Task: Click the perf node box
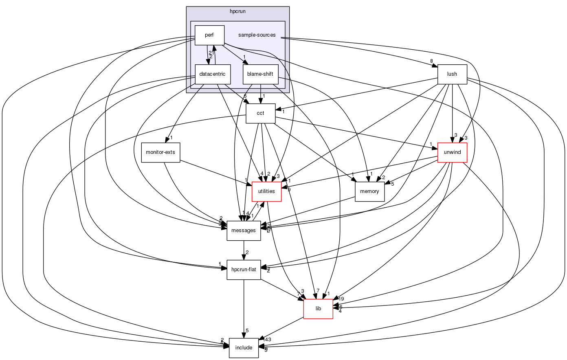tap(209, 35)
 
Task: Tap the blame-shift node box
tap(260, 75)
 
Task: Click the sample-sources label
tap(257, 35)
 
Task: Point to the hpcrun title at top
tap(237, 10)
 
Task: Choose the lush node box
tap(452, 74)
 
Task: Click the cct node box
tap(260, 113)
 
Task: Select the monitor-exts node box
tap(160, 152)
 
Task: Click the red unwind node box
tap(452, 152)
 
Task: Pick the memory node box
tap(370, 191)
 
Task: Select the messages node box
tap(244, 230)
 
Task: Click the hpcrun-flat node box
tap(244, 270)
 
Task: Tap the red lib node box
tap(318, 309)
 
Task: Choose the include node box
tap(244, 348)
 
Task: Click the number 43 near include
tap(268, 340)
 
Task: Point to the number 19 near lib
tap(341, 299)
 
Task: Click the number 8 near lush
tap(431, 61)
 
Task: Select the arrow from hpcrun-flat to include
tap(244, 310)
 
